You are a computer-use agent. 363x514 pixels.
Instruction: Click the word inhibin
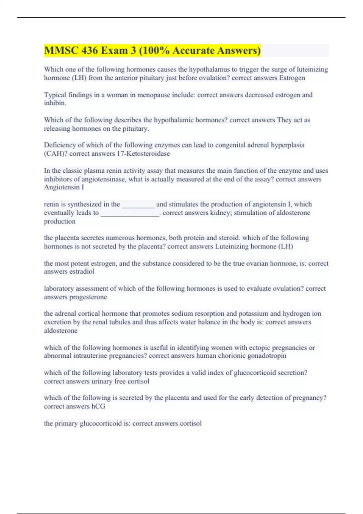point(55,103)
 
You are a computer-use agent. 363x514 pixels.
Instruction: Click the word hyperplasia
point(287,145)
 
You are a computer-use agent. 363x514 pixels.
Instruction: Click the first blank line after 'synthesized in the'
point(138,205)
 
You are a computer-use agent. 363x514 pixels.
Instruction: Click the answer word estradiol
point(82,272)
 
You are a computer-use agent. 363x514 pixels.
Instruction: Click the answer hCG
point(98,406)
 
